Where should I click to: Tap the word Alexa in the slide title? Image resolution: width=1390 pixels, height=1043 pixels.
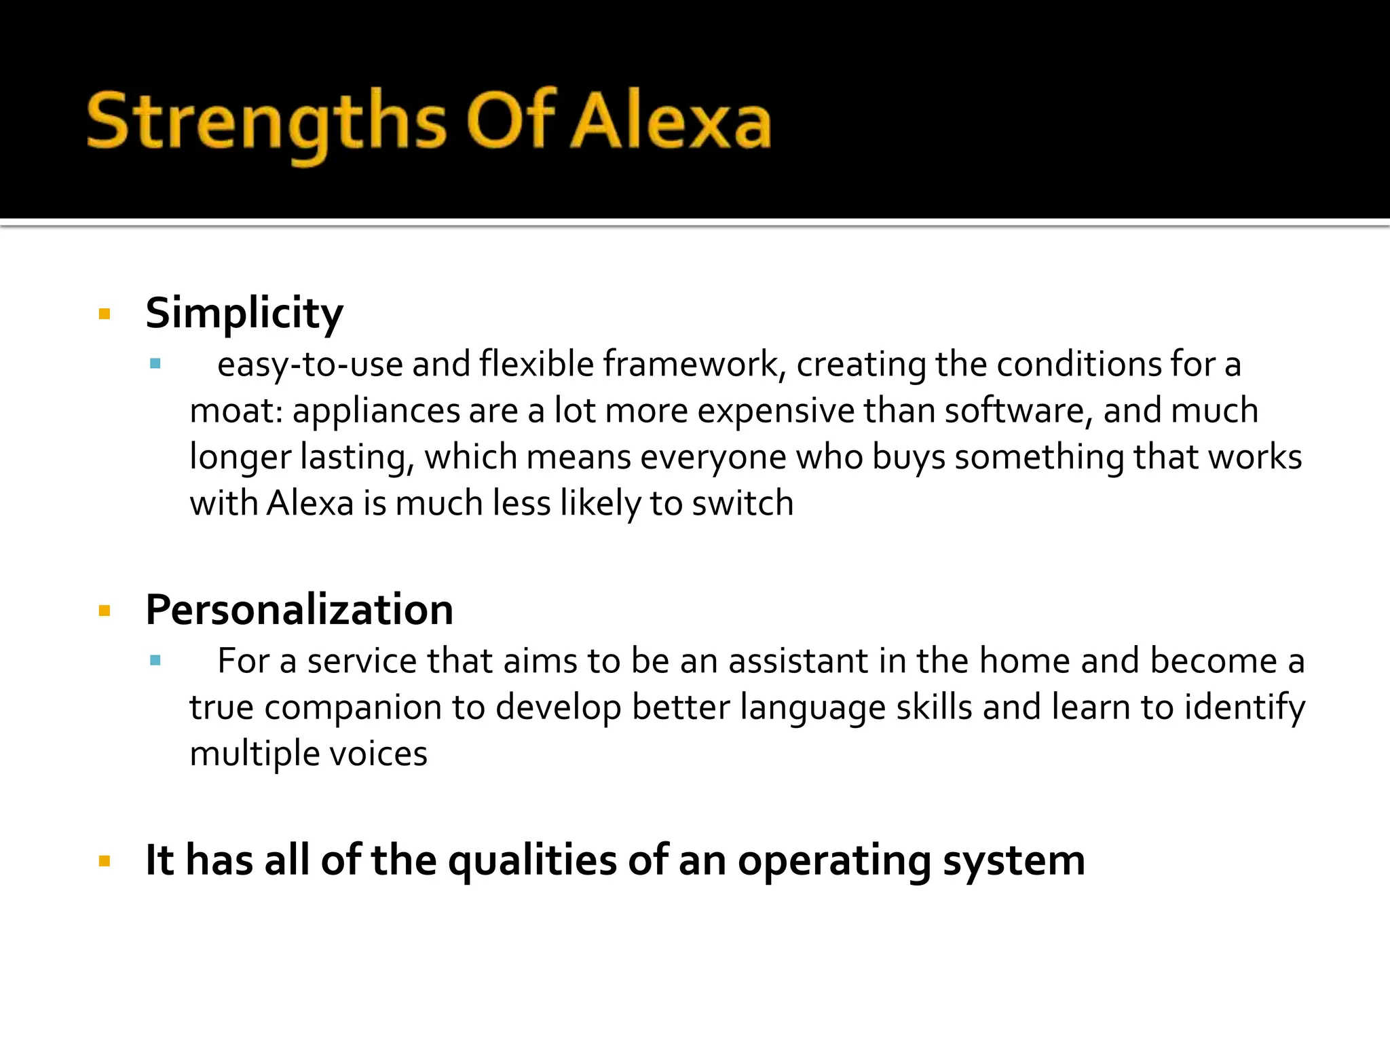click(671, 122)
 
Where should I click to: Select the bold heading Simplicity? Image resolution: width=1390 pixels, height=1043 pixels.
click(244, 314)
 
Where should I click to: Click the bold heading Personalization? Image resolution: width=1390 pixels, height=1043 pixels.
click(299, 610)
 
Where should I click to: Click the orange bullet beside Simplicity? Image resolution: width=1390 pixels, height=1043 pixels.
click(105, 314)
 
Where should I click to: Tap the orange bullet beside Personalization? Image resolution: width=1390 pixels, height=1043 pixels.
click(105, 611)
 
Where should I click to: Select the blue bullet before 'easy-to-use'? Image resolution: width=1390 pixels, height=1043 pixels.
click(155, 364)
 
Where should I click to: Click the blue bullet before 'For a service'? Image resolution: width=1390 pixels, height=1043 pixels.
click(155, 660)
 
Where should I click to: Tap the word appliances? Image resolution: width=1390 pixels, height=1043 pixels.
click(375, 411)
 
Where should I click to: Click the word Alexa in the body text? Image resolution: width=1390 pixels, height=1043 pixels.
click(310, 504)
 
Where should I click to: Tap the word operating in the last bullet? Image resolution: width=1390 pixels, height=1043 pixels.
click(834, 861)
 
